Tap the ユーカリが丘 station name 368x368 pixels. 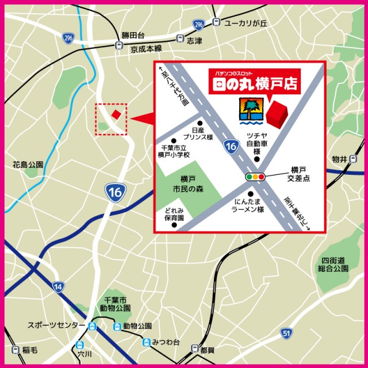point(246,23)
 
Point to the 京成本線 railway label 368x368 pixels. point(146,49)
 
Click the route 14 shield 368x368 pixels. point(57,286)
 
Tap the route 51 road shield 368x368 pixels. point(287,333)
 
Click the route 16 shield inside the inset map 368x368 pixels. point(231,147)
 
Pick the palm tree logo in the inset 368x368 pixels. point(251,110)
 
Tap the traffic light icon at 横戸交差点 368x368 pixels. point(255,177)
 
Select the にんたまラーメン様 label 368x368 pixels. point(248,206)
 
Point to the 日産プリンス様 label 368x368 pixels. point(198,135)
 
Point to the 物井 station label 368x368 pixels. point(339,159)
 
